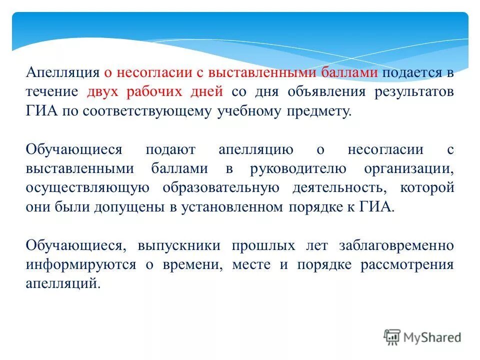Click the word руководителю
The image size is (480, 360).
pos(299,168)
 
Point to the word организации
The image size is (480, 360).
pos(409,168)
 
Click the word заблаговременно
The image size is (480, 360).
pos(396,245)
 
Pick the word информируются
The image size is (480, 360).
pos(80,264)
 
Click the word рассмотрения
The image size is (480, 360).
pos(407,264)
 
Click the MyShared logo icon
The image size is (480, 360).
pos(392,336)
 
